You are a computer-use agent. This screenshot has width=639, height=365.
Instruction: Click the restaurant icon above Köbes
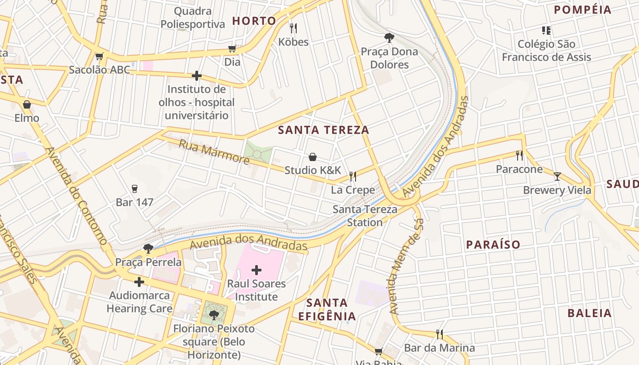click(293, 28)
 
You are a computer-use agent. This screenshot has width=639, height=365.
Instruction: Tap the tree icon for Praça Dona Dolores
click(389, 37)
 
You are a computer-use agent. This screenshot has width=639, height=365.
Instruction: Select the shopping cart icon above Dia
click(232, 48)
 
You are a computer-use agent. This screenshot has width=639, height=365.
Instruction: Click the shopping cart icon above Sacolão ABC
click(99, 57)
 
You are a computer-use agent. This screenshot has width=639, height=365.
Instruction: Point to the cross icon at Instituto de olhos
click(197, 75)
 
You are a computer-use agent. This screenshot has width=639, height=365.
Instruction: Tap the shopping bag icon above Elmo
click(27, 104)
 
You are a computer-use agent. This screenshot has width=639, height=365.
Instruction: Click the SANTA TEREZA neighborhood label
click(323, 130)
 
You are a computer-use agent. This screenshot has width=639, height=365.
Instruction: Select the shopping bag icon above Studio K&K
click(313, 157)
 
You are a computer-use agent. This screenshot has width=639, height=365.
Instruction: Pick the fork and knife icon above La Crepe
click(352, 176)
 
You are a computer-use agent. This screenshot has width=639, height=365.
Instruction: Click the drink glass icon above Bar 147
click(134, 188)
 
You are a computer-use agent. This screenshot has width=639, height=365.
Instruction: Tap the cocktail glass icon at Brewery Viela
click(557, 177)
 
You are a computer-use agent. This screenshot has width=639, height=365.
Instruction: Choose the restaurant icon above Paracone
click(519, 156)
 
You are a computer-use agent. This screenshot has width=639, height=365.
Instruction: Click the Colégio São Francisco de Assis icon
click(546, 31)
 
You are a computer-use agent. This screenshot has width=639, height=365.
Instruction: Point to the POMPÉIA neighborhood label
click(582, 10)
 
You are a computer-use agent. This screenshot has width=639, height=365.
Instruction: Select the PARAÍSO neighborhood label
click(493, 245)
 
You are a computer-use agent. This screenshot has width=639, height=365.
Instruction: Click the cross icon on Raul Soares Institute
click(257, 270)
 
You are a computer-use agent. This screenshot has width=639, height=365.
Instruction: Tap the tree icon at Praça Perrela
click(148, 249)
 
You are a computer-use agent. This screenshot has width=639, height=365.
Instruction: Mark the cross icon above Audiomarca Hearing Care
click(139, 282)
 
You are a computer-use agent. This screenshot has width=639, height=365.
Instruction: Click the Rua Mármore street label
click(214, 152)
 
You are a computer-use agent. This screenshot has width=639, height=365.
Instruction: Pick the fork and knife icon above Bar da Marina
click(439, 334)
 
